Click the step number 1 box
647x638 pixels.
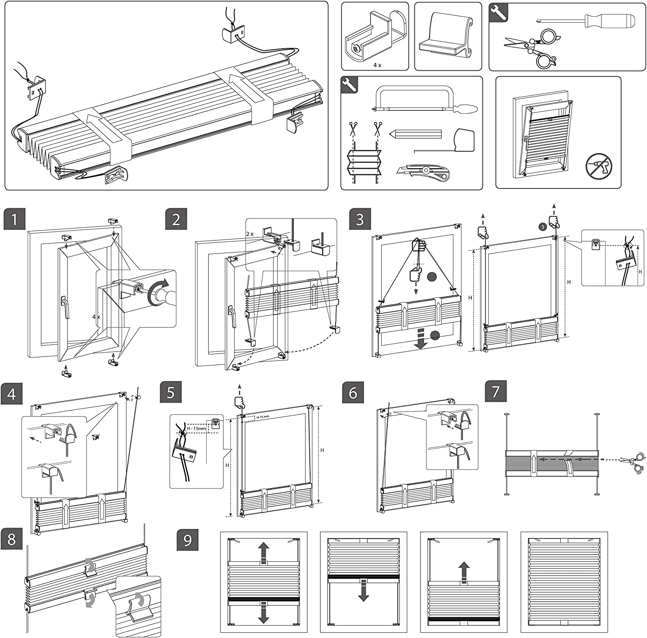(x=14, y=219)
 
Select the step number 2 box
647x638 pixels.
(x=176, y=219)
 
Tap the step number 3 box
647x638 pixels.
(x=360, y=219)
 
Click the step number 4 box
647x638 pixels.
(x=12, y=394)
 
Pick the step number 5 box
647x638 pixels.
(x=170, y=392)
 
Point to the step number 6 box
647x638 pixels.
(x=353, y=392)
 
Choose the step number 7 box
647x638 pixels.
(x=496, y=391)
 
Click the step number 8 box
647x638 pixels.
(x=12, y=538)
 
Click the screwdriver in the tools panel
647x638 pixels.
(x=587, y=20)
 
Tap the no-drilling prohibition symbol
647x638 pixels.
(x=599, y=166)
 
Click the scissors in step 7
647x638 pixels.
(x=632, y=460)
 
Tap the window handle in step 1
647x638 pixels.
(x=65, y=307)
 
